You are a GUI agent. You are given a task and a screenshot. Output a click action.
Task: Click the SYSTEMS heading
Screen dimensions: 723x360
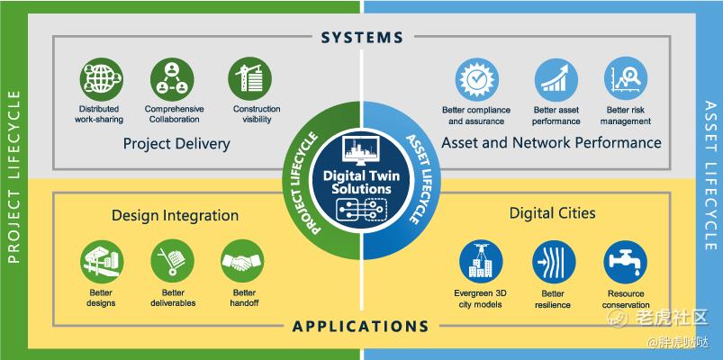[x=362, y=37]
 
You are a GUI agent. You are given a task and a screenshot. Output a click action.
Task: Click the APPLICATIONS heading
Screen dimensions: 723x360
[x=360, y=327]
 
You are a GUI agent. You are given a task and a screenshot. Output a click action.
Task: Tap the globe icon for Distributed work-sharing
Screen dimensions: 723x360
[x=101, y=79]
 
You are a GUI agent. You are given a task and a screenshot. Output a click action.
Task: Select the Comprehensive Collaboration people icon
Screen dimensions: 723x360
[x=172, y=79]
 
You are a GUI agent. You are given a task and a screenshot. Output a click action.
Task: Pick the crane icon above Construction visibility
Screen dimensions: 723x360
[x=250, y=78]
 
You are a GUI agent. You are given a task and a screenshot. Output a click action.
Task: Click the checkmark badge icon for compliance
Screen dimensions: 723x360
[x=477, y=80]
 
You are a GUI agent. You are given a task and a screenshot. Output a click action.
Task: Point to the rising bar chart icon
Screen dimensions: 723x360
[x=556, y=80]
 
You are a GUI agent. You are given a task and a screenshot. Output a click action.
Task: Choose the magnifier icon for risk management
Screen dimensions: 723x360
[x=626, y=78]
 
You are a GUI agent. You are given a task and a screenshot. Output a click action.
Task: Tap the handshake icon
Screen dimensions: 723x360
[x=242, y=261]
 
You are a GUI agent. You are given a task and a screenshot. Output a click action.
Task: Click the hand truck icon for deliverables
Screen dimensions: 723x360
[x=173, y=260]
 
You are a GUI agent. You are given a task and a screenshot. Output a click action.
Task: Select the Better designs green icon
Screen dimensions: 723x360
[x=102, y=261]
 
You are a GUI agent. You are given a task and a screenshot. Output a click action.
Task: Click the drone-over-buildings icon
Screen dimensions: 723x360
[x=481, y=261]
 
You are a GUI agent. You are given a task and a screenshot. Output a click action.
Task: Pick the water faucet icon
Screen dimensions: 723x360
[x=626, y=262]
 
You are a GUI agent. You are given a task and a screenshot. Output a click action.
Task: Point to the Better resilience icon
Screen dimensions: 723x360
[x=554, y=262]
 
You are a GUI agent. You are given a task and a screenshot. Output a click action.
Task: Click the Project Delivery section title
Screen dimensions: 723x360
[x=176, y=144]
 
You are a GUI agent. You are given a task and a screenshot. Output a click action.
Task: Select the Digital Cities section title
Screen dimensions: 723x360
[x=553, y=213]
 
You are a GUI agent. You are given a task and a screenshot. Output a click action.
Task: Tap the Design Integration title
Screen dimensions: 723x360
[x=176, y=216]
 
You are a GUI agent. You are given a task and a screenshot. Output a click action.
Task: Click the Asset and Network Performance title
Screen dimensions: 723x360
[x=551, y=143]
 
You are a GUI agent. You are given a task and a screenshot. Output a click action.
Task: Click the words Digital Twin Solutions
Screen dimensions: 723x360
[x=362, y=182]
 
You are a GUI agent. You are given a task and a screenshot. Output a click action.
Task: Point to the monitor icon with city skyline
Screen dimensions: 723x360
[x=360, y=150]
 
